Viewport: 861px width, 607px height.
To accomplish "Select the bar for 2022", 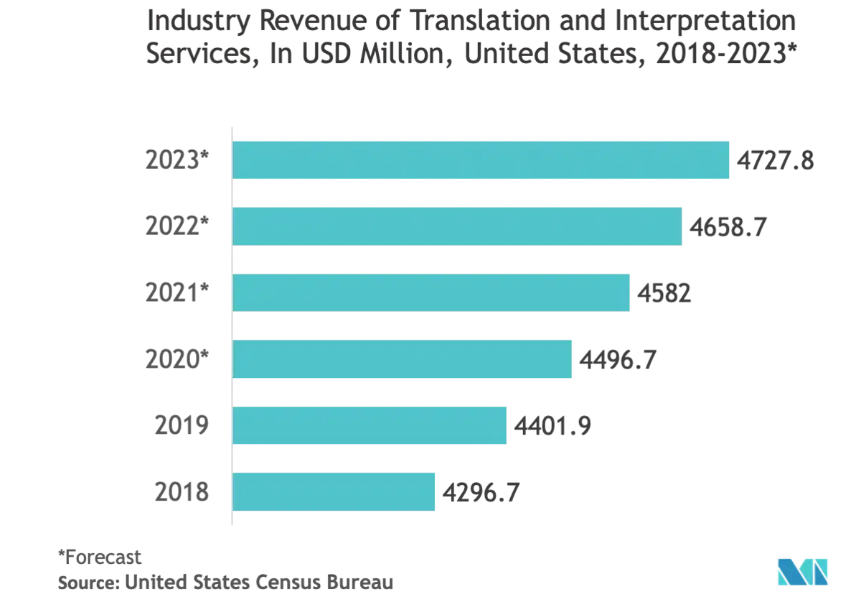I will coord(458,227).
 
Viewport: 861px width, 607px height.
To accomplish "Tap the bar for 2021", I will coord(432,293).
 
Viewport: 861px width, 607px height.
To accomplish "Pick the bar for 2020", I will coord(403,359).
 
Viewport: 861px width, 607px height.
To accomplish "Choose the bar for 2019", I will coord(372,426).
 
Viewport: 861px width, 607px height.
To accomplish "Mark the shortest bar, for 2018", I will coord(334,492).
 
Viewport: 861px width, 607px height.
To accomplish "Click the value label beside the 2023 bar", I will coord(778,160).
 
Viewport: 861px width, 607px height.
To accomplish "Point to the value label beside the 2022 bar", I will coord(728,227).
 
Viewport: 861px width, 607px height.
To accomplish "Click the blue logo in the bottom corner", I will coord(804,572).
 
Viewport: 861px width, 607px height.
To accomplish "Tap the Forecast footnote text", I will coord(100,555).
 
